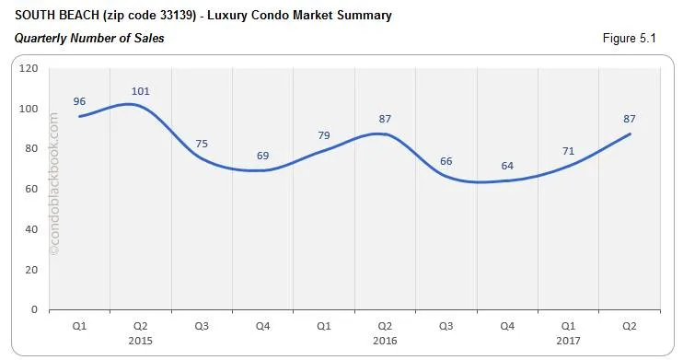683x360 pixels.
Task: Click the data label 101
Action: pyautogui.click(x=141, y=91)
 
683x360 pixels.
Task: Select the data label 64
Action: pyautogui.click(x=508, y=166)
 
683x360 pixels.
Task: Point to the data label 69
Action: pyautogui.click(x=263, y=156)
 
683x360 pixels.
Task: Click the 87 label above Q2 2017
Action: pyautogui.click(x=630, y=119)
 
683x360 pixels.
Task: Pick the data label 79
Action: pyautogui.click(x=324, y=136)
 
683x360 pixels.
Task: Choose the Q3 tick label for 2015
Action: pyautogui.click(x=202, y=325)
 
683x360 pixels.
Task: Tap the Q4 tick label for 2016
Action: pyautogui.click(x=508, y=325)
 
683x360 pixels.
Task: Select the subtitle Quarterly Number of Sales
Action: pyautogui.click(x=89, y=38)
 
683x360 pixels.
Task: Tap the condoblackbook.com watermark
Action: pyautogui.click(x=53, y=184)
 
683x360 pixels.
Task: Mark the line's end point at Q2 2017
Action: pyautogui.click(x=631, y=134)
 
